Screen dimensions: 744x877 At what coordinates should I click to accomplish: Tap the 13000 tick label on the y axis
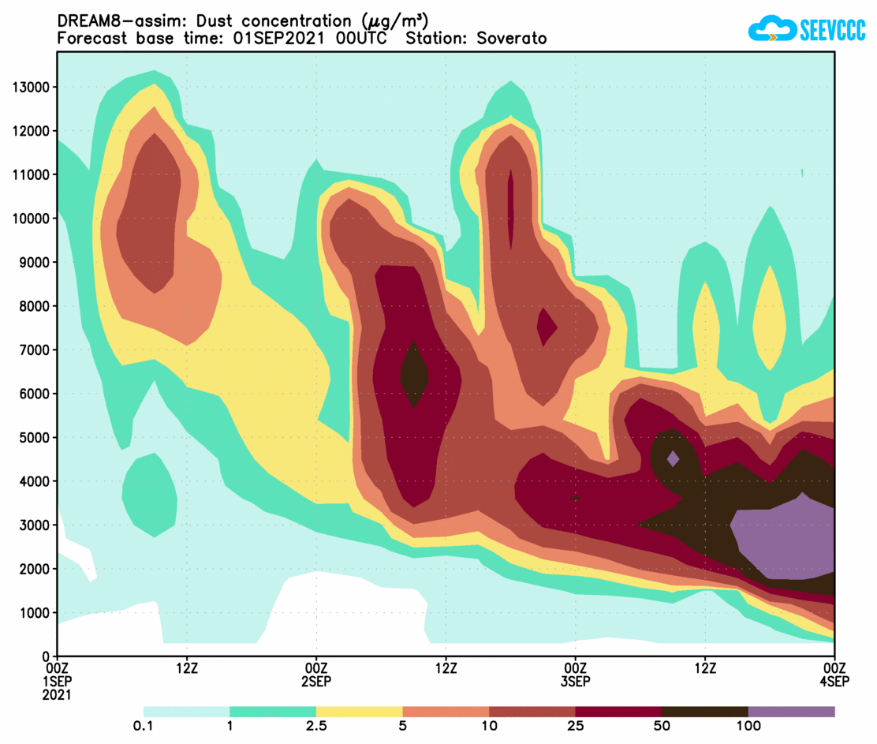click(x=31, y=87)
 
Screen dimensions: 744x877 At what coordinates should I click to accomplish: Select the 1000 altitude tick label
click(x=34, y=612)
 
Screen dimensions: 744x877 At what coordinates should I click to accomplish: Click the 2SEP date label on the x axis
click(x=316, y=681)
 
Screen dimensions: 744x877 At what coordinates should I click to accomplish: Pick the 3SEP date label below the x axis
click(x=575, y=681)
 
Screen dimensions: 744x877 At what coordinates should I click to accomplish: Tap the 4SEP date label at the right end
click(x=834, y=681)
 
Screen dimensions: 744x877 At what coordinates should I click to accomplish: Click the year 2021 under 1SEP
click(x=58, y=695)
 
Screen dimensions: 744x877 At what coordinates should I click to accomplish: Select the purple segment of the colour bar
click(x=791, y=712)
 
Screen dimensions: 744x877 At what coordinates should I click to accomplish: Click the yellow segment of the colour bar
click(x=359, y=712)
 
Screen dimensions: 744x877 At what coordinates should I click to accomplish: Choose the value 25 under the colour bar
click(x=575, y=726)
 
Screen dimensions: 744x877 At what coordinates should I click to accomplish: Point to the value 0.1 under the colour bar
click(x=144, y=726)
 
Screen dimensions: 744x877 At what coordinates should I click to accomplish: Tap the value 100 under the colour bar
click(x=748, y=726)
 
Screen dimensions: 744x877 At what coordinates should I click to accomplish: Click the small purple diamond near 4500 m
click(x=673, y=458)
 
